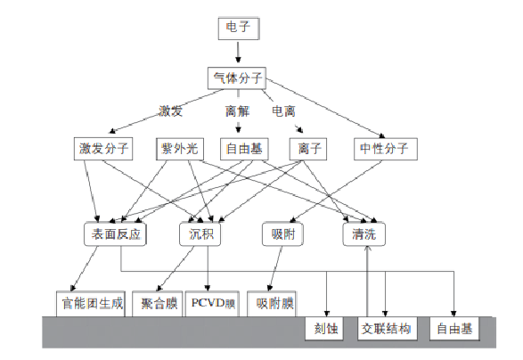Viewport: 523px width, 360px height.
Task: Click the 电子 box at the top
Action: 238,28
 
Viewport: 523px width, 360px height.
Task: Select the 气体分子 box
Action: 238,78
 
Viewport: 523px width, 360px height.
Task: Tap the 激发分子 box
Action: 103,149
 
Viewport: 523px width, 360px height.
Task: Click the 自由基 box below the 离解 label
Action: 241,149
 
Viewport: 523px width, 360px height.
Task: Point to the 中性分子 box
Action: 384,149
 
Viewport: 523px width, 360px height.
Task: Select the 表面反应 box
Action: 112,234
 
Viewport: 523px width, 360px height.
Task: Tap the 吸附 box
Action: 285,234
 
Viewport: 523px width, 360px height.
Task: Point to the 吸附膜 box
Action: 273,304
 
